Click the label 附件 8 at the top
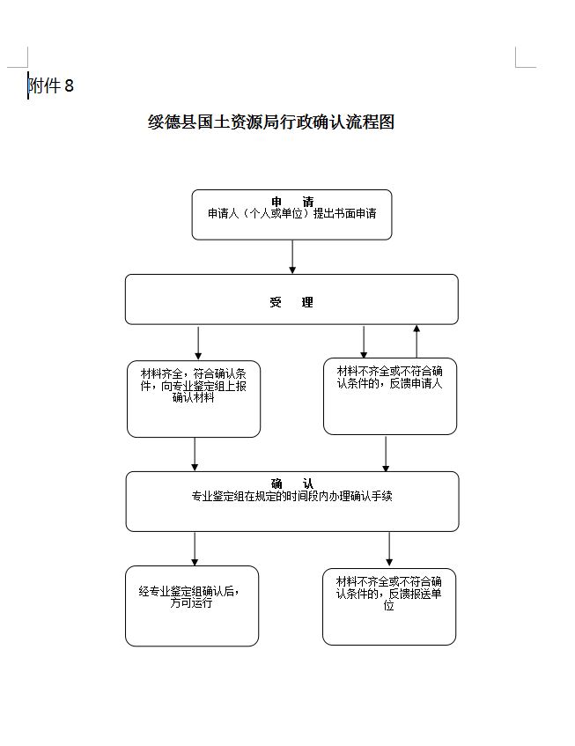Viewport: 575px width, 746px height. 51,85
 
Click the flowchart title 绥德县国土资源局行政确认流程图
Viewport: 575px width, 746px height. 270,122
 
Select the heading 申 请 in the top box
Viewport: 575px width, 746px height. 291,202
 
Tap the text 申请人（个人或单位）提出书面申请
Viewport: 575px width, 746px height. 291,213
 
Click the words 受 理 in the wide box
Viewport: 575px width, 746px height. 291,302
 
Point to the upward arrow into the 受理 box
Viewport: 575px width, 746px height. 417,340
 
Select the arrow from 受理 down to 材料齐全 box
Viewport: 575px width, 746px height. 198,343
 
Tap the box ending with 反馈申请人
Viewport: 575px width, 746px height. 389,395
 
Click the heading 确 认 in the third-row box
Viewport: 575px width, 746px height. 291,484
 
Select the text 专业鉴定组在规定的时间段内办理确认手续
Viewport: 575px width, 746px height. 291,496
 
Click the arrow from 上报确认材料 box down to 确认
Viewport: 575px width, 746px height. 195,454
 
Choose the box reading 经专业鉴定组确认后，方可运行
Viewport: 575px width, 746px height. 192,605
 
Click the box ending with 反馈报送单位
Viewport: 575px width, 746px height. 388,606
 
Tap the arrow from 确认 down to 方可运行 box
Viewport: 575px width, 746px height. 195,548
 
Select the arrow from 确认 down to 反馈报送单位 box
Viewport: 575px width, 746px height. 389,550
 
